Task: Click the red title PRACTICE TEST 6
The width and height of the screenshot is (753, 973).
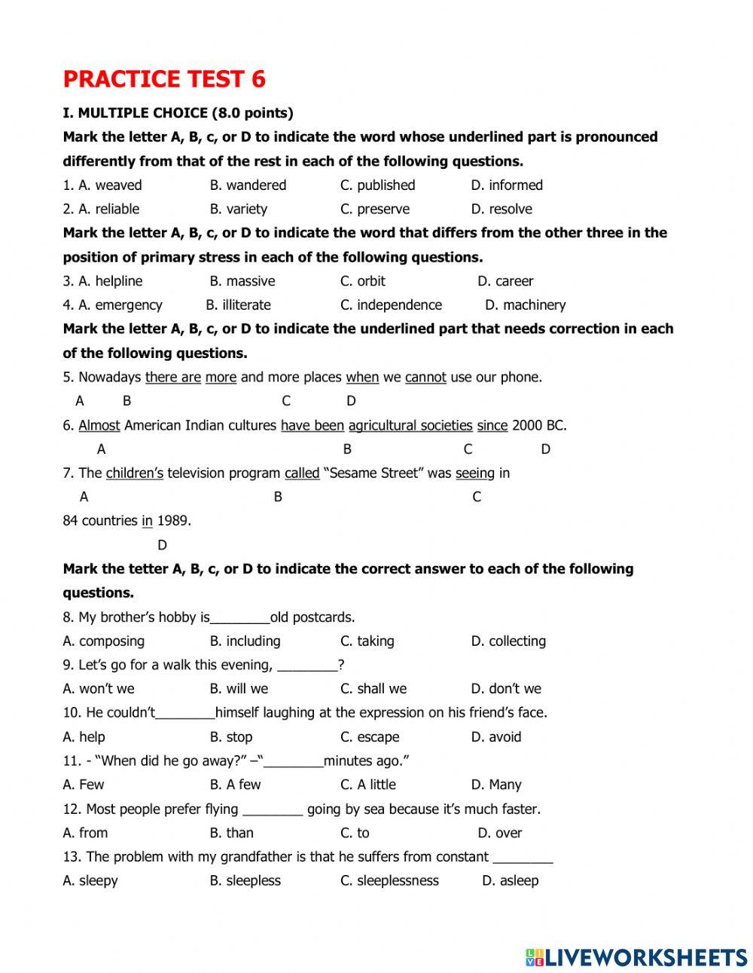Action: [x=164, y=79]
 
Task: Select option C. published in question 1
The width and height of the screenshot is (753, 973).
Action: [x=377, y=185]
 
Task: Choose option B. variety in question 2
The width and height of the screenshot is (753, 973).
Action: [x=238, y=209]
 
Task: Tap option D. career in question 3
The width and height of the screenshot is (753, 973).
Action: [x=505, y=281]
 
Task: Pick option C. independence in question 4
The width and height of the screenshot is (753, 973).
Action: [x=391, y=304]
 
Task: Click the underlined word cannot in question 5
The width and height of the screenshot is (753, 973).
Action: [x=425, y=377]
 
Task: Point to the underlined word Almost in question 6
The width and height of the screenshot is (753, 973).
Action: [x=99, y=425]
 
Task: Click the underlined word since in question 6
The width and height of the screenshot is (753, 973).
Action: [x=492, y=425]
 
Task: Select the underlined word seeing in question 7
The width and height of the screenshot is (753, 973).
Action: [x=475, y=473]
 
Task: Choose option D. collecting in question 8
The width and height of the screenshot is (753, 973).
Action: [x=508, y=641]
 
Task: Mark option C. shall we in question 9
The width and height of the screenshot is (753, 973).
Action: [x=373, y=688]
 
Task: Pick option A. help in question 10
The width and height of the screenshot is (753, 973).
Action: [x=84, y=736]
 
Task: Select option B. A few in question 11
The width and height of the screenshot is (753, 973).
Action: [x=235, y=784]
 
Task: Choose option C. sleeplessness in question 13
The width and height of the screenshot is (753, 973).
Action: [x=389, y=880]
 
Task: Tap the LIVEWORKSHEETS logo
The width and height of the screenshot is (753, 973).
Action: [x=636, y=957]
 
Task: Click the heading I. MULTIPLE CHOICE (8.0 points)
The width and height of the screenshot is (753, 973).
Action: [x=178, y=113]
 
